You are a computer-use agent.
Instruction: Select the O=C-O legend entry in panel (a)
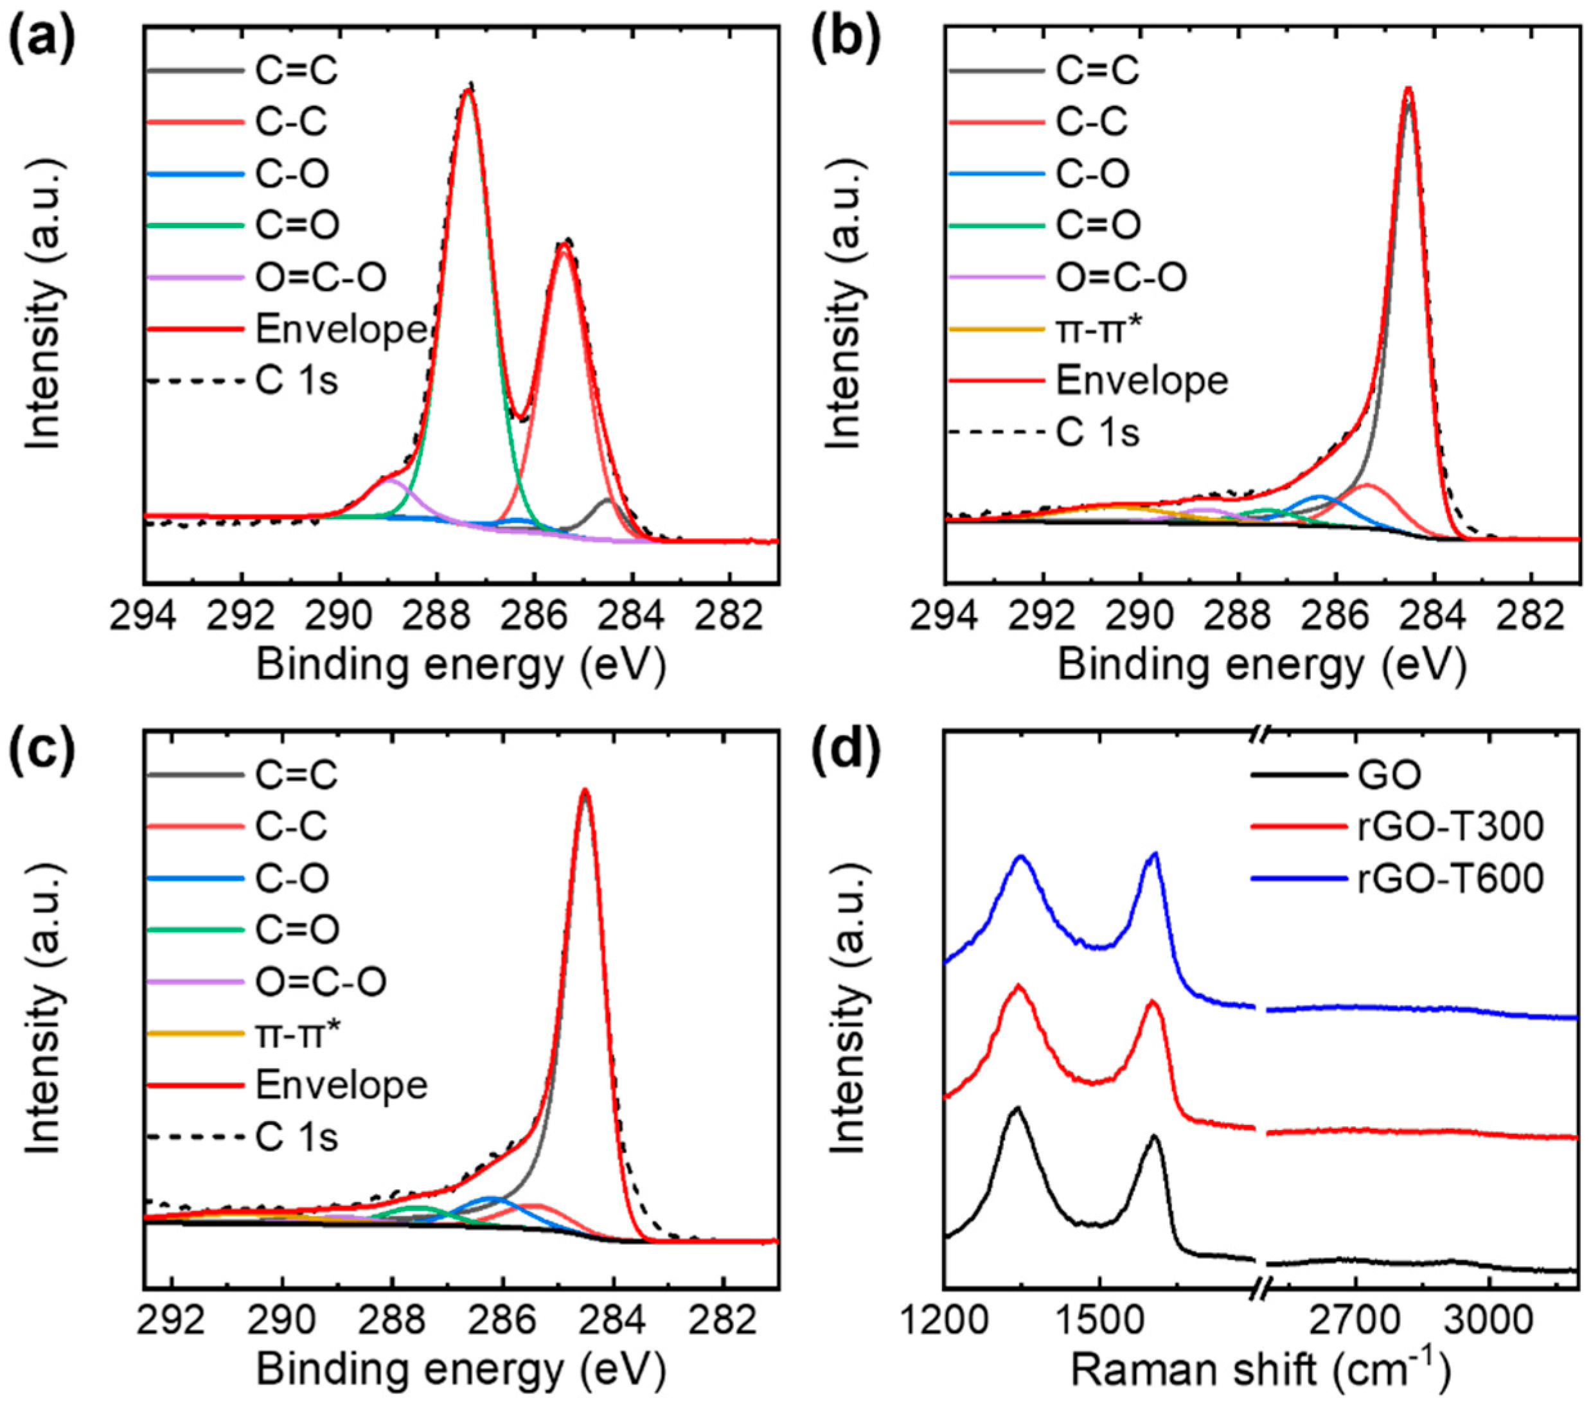click(x=320, y=277)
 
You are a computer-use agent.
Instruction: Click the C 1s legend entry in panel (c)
click(x=296, y=1137)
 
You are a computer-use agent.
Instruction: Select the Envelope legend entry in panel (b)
click(x=1141, y=380)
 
